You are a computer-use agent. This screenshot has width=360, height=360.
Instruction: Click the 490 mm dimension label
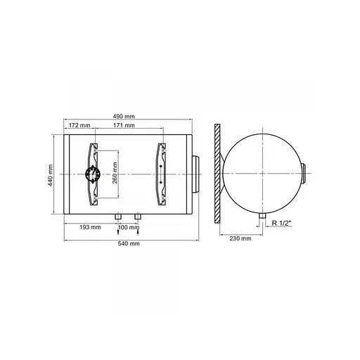point(124,116)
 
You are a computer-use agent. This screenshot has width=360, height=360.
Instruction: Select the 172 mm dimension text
point(79,125)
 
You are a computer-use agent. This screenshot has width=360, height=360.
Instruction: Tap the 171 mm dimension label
point(124,125)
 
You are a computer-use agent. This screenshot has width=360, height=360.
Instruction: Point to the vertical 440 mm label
point(51,175)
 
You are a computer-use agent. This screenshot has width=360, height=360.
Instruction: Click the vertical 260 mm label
point(115,173)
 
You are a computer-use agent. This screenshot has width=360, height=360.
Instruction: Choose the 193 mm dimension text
point(90,227)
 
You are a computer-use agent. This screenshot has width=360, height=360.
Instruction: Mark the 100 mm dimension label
point(129,227)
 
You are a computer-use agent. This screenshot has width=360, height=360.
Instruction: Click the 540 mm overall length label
point(129,243)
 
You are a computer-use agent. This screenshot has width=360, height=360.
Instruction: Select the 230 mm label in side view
point(240,238)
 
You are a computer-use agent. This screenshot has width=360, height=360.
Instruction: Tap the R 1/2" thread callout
point(281,223)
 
